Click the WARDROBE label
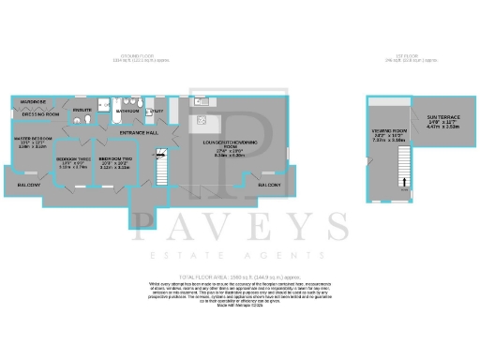32,101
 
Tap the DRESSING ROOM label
41,115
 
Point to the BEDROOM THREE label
73,159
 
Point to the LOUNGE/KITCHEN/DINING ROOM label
223,146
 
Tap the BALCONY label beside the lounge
270,186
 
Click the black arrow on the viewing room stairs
405,182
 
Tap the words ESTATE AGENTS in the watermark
240,254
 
